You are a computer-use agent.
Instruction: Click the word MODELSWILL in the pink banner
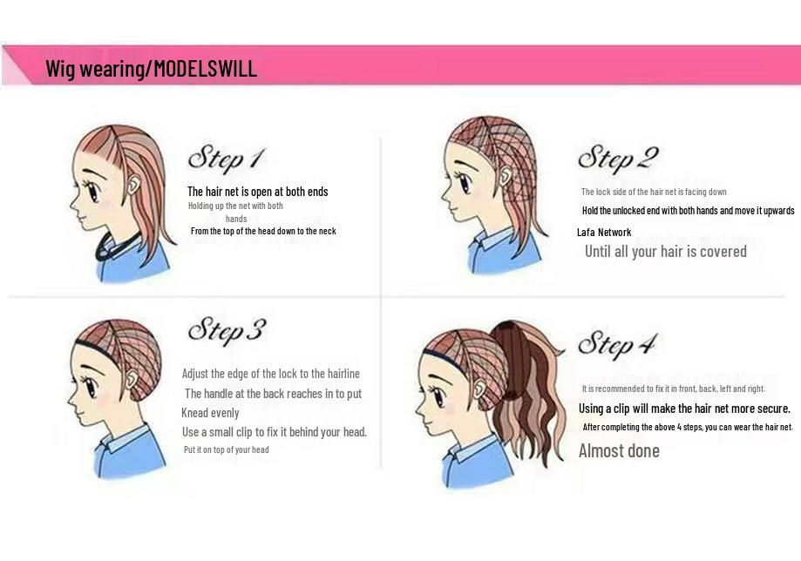206,68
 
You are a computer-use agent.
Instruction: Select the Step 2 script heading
618,158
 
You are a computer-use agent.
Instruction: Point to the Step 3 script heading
227,330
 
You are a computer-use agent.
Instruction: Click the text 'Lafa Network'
604,233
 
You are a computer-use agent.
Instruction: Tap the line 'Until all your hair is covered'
666,251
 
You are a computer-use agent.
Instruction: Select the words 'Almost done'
619,450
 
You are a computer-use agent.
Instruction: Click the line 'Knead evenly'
210,413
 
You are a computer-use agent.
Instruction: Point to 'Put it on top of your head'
227,449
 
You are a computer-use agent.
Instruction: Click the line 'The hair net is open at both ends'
257,192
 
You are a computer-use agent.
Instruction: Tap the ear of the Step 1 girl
134,183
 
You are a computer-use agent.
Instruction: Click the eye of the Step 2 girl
465,183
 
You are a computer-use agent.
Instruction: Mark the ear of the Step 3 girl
132,379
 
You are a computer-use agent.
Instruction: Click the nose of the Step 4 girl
418,408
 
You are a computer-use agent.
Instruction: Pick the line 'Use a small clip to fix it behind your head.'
275,432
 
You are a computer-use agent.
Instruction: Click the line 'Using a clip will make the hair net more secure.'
684,409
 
